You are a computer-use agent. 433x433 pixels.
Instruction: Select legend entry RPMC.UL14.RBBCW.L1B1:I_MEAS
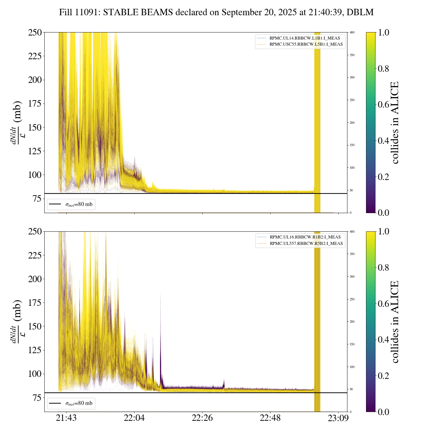(x=304, y=38)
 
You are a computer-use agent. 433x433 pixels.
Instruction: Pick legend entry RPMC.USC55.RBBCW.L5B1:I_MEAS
(x=306, y=44)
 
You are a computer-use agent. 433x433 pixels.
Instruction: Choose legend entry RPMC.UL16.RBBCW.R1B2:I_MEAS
(x=305, y=237)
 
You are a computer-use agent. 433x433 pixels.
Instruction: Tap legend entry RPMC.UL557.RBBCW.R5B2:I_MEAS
(x=306, y=244)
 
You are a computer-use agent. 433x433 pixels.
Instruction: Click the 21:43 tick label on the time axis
(x=66, y=418)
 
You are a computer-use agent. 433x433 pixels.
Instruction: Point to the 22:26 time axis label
(x=202, y=418)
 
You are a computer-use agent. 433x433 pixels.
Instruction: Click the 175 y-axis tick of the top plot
(x=35, y=104)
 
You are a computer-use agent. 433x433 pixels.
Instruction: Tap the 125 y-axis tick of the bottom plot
(x=35, y=350)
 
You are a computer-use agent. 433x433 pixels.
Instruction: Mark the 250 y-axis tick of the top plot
(x=35, y=32)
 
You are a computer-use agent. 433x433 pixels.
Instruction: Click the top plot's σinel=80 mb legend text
(x=78, y=204)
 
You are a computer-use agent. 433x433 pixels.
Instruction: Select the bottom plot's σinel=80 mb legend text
(x=78, y=403)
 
